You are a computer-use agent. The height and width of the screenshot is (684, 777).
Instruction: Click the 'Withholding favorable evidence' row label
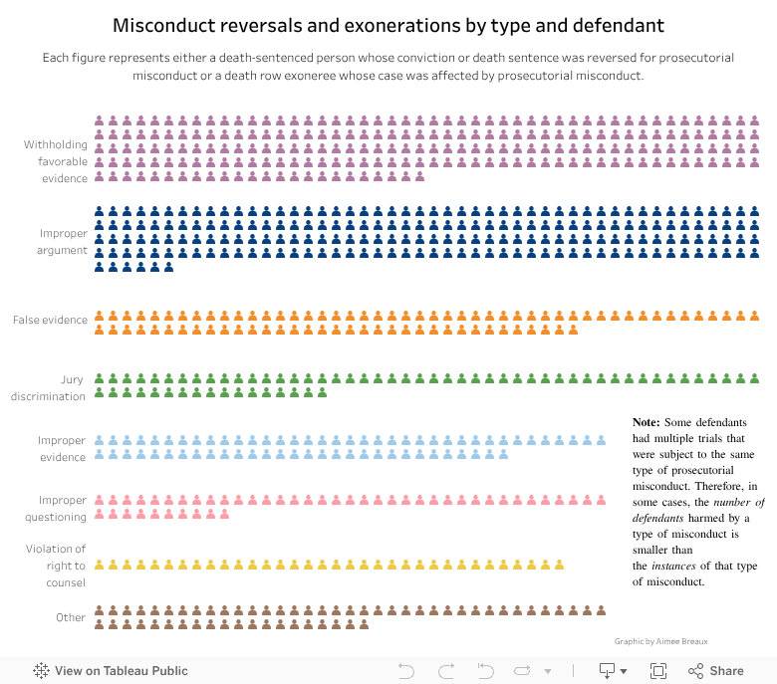[x=56, y=161]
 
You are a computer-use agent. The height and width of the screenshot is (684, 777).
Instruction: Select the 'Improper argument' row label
[x=64, y=242]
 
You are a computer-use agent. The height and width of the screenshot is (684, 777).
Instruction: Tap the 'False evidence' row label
[x=50, y=320]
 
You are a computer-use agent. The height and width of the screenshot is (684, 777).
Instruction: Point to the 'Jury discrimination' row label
[x=49, y=388]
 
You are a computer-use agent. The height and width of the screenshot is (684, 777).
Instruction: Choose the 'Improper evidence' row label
[x=62, y=448]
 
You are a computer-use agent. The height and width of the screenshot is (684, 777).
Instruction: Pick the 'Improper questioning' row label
[x=57, y=508]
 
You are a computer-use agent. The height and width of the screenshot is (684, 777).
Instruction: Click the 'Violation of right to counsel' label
[x=56, y=566]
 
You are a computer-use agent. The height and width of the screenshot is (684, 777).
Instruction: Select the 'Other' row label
[x=71, y=617]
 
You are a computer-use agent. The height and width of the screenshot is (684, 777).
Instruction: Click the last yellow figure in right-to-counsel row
[x=560, y=566]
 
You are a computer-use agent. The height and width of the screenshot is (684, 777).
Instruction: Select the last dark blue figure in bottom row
[x=169, y=266]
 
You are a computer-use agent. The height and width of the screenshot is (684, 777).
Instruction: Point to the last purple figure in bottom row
[x=420, y=176]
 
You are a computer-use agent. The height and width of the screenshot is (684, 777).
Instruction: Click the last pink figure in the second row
[x=225, y=514]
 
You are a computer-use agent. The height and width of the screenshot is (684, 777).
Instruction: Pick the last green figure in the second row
[x=323, y=393]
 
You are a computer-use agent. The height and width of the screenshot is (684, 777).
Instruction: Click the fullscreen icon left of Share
[x=658, y=671]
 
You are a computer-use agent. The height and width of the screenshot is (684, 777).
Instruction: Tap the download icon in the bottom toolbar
[x=607, y=671]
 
